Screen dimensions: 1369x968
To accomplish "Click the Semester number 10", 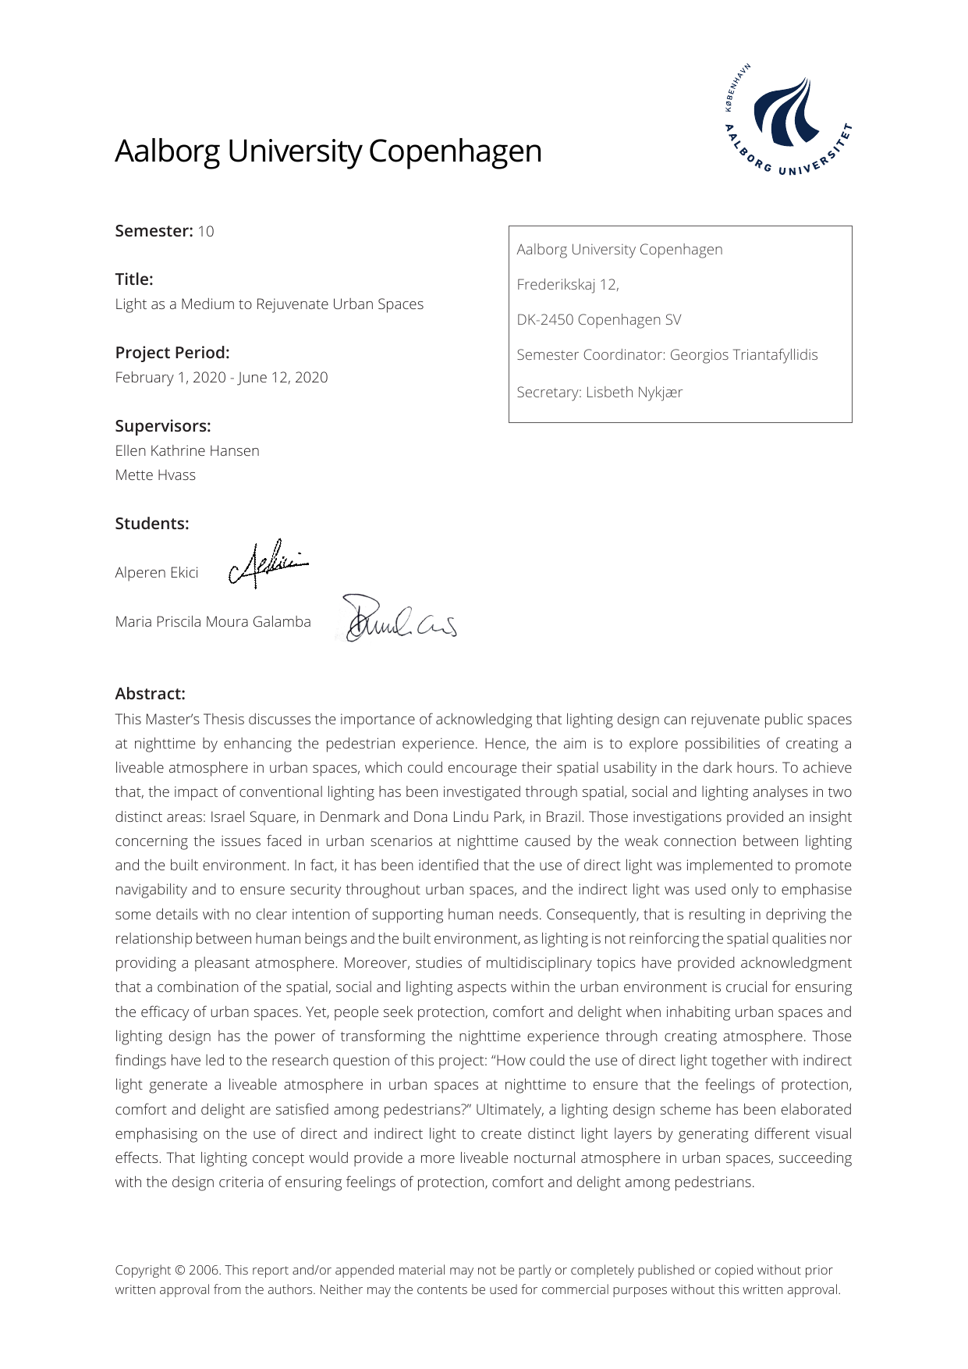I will (206, 231).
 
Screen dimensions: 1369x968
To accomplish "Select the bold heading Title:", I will (134, 279).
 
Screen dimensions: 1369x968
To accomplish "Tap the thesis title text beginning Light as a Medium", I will (269, 304).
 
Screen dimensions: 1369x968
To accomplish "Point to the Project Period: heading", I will (172, 353).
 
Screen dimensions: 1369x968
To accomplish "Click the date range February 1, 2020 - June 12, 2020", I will (222, 378).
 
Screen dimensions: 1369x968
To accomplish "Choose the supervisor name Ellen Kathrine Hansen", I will (187, 451).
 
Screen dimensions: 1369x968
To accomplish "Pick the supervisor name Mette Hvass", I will (155, 475).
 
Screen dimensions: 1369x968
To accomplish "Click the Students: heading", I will (152, 524).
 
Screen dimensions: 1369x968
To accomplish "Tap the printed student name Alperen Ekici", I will (157, 573).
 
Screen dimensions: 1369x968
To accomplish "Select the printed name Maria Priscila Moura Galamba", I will (213, 622).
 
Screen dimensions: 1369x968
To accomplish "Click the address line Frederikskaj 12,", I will (568, 285).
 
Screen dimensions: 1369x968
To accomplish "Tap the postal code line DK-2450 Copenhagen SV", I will (599, 320).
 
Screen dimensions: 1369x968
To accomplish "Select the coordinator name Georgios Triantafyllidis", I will (744, 355).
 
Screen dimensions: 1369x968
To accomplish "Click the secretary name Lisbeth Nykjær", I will (634, 393).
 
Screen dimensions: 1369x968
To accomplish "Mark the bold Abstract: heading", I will (151, 694).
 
